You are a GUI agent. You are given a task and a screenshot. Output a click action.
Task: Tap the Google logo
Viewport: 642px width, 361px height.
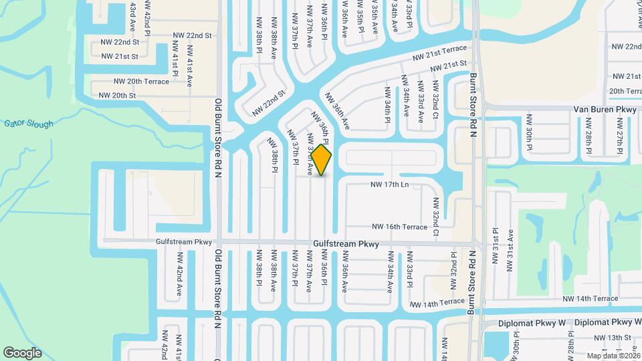23,352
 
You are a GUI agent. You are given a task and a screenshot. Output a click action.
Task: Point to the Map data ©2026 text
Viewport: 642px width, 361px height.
613,356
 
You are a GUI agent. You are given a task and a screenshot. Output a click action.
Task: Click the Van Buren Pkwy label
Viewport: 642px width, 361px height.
605,109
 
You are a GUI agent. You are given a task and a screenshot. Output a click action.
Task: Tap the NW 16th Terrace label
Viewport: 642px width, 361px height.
399,227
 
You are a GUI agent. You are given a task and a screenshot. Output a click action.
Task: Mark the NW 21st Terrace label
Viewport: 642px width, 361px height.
439,55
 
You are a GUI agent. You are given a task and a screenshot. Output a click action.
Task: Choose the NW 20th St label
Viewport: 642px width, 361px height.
117,96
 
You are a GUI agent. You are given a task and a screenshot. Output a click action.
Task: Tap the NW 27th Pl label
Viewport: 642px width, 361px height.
620,132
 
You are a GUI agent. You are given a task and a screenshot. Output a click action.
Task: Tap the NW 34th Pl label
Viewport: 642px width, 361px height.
387,104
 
